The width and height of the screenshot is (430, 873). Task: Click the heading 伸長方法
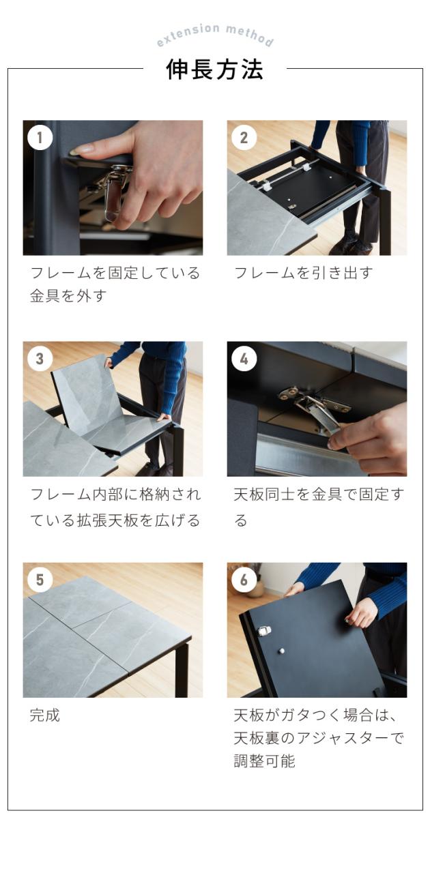214,70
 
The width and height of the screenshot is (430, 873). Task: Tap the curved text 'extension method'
214,33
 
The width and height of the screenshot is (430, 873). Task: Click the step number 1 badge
40,138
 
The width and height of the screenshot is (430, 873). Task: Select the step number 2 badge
244,138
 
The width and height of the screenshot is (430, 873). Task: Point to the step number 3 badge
40,359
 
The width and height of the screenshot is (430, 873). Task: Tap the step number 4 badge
244,359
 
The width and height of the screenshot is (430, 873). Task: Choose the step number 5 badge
40,580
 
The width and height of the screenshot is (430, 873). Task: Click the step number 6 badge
244,580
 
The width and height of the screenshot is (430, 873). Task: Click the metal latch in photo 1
113,191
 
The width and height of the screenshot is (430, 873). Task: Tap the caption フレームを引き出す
303,273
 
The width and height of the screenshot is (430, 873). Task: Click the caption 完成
45,715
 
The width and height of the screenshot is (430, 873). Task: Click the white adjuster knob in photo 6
281,651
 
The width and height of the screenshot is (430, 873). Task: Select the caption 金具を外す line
68,296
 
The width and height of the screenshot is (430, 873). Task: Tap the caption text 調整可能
265,760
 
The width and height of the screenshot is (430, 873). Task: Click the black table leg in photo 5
182,666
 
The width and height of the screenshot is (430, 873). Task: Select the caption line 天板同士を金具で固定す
318,494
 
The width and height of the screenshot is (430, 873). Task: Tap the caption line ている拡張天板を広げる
115,520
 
